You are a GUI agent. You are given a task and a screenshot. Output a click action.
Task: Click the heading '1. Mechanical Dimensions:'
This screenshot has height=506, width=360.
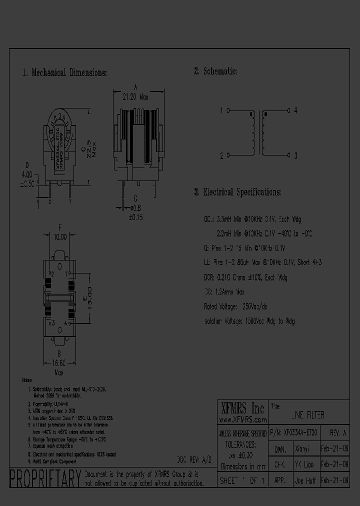click(64, 72)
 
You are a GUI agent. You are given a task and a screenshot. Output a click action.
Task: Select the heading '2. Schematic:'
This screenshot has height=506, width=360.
click(215, 71)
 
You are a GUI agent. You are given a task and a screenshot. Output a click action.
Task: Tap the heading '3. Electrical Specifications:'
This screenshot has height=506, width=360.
click(237, 192)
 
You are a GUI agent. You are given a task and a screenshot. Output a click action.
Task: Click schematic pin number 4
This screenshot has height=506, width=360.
click(296, 111)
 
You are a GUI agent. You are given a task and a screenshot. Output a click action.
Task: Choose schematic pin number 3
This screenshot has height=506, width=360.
click(296, 155)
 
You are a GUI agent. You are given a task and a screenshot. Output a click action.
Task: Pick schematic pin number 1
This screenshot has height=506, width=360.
click(221, 111)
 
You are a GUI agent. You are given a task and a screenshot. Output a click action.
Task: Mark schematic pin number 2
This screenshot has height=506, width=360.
click(221, 155)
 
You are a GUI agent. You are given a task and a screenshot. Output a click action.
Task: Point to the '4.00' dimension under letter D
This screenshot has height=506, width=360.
click(26, 174)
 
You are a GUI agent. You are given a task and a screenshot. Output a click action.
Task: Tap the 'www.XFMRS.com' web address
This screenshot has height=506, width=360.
click(242, 419)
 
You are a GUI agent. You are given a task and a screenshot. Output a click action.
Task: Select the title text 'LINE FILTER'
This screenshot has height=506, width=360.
click(307, 415)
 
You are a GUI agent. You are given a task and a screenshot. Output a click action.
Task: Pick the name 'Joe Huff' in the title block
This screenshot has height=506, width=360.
click(301, 479)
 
